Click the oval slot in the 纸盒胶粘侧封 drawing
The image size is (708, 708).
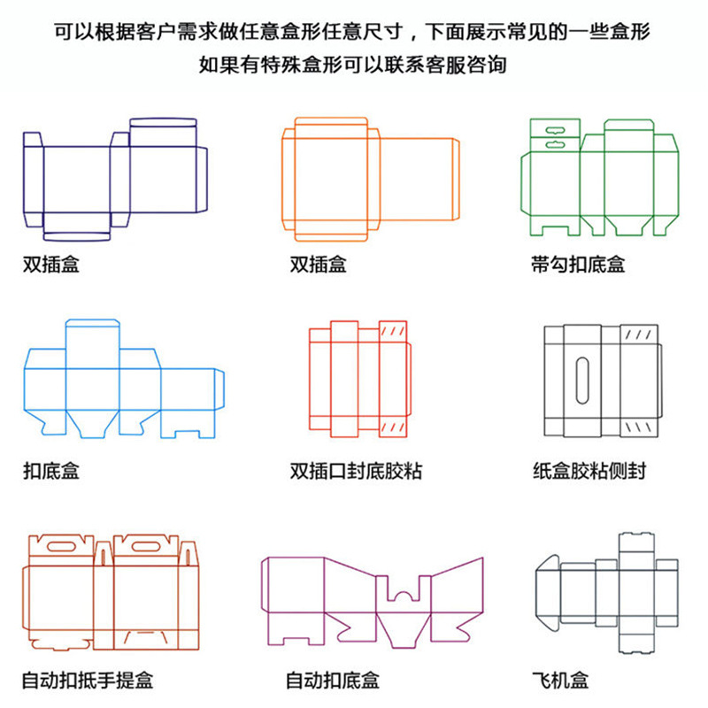tap(582, 380)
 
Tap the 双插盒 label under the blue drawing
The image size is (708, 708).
tap(50, 264)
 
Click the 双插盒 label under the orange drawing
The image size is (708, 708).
tap(318, 264)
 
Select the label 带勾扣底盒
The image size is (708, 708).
tap(578, 264)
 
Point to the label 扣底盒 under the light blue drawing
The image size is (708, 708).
tap(50, 471)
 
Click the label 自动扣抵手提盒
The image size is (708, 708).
tap(87, 681)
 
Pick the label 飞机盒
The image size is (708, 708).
tap(560, 681)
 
